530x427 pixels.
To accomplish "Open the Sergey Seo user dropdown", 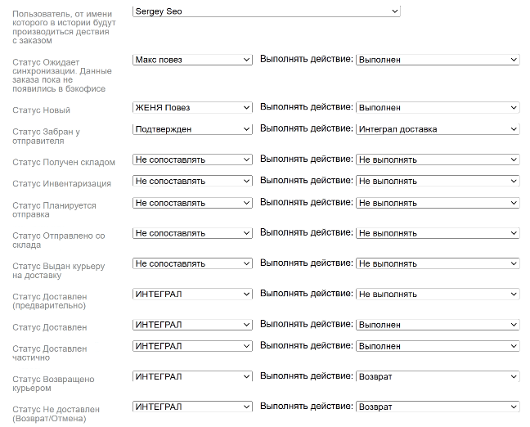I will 266,11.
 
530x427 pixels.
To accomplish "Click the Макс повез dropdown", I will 192,60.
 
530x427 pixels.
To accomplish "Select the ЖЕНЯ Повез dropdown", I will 192,107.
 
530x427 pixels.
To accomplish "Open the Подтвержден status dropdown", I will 192,128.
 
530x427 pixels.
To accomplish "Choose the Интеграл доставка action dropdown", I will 438,128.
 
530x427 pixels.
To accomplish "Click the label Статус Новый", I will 42,110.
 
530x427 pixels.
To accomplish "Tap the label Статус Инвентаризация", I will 61,184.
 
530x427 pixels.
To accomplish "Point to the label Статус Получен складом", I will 64,163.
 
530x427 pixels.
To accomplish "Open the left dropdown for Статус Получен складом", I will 192,160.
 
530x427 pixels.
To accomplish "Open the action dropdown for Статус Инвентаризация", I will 438,181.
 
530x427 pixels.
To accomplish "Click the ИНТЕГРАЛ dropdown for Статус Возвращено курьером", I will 192,375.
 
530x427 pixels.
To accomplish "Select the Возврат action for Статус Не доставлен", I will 438,407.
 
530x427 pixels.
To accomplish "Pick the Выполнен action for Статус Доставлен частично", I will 438,346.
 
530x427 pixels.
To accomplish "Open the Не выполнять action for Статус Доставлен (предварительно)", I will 438,294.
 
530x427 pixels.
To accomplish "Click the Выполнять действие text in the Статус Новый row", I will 306,107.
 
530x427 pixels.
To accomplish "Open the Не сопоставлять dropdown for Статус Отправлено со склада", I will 192,233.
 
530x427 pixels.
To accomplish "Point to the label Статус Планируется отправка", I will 54,210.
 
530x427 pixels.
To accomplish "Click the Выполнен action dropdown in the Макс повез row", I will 438,60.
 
